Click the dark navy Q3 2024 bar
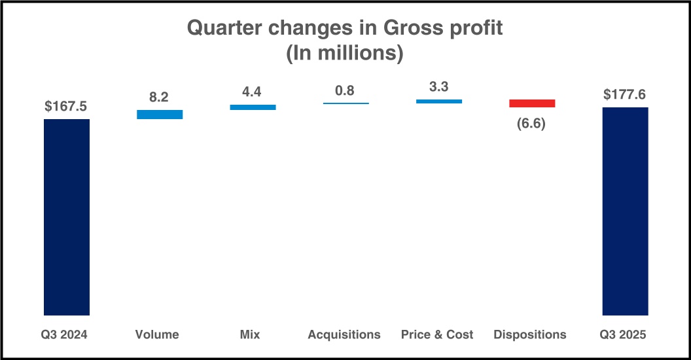coord(67,217)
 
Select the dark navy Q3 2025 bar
coord(625,211)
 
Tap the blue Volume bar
coord(160,115)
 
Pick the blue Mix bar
coord(253,107)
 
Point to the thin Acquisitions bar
coord(345,103)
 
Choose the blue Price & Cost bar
coord(439,101)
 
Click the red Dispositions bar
coord(532,103)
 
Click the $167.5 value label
coord(67,107)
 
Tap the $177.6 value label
coord(625,95)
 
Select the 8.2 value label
coord(159,98)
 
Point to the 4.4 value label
coord(253,92)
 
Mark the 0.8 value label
coord(345,91)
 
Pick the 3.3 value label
coord(438,87)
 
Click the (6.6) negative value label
coord(531,123)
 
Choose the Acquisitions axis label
coord(344,334)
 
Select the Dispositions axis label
coord(530,334)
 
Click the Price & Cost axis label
coord(437,334)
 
